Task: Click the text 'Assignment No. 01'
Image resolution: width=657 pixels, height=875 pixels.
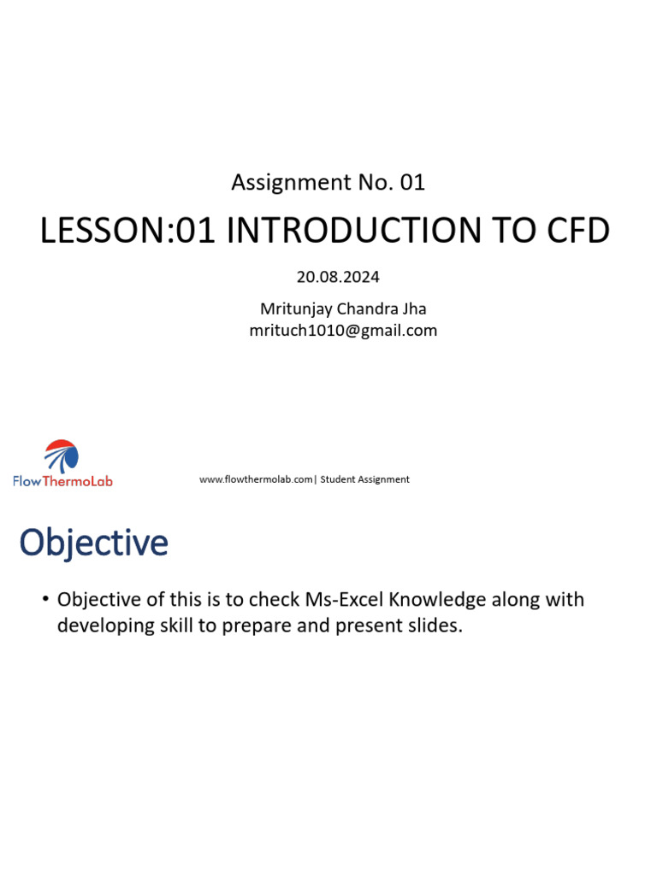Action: (328, 182)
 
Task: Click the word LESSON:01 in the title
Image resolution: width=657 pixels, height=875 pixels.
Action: (129, 232)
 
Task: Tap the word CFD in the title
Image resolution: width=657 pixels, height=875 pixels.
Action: (573, 232)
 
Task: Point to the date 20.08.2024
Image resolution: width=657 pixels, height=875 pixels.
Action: (338, 277)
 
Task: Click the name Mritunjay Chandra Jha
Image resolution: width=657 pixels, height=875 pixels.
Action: (343, 308)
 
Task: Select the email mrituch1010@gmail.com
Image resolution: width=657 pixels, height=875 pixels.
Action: (343, 331)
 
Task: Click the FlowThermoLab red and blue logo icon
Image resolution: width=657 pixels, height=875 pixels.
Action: (62, 455)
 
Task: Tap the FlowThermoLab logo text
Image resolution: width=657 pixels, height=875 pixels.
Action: (62, 481)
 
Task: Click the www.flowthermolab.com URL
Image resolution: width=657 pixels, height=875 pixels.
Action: (256, 479)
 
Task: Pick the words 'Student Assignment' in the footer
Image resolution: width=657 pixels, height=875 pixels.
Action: (365, 479)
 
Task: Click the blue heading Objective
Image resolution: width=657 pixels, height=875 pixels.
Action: (94, 543)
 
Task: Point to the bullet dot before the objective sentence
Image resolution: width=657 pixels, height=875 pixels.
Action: (44, 599)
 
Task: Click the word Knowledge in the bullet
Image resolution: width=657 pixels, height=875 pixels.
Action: (423, 599)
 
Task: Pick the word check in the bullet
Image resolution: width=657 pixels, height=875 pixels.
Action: (274, 599)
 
